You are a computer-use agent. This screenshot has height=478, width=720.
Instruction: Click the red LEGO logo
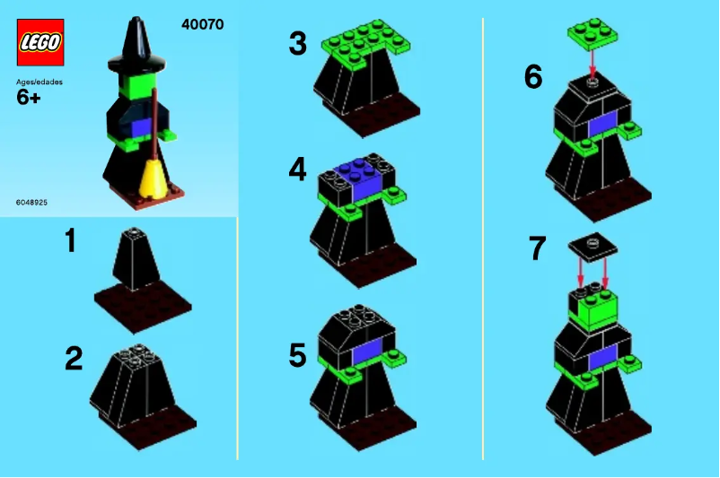[40, 42]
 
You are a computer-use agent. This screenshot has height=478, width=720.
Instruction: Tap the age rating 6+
[29, 98]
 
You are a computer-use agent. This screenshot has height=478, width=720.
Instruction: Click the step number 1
[70, 242]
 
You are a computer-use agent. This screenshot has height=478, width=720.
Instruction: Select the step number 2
[74, 360]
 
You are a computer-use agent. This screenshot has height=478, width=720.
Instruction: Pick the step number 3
[297, 43]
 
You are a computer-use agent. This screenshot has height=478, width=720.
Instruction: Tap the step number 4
[298, 169]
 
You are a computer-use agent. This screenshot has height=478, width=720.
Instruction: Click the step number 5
[297, 356]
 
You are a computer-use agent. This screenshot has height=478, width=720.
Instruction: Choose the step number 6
[533, 78]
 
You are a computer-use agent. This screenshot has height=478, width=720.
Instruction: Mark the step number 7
[537, 248]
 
